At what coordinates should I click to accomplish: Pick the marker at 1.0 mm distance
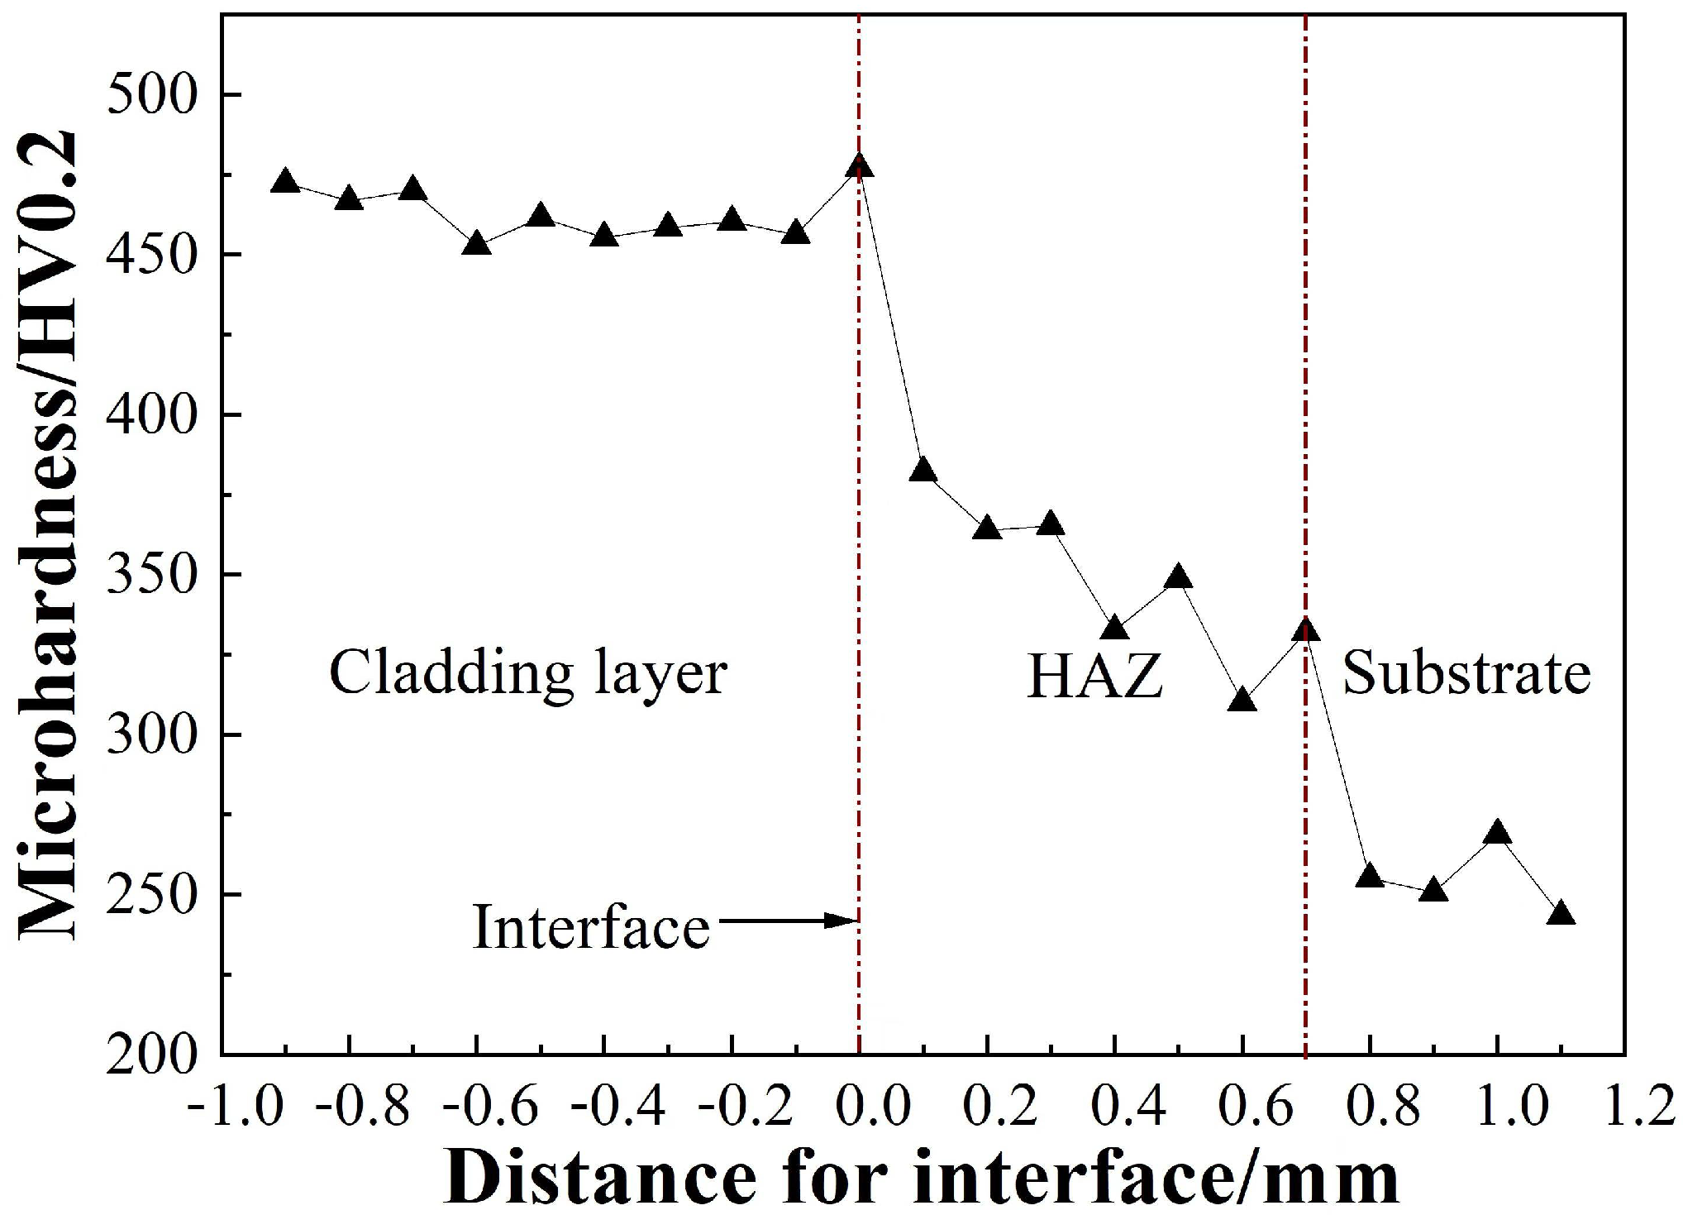click(x=1497, y=834)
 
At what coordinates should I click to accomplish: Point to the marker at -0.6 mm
click(x=477, y=244)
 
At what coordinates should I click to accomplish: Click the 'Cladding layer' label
click(x=528, y=674)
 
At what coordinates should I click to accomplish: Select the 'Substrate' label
click(x=1466, y=673)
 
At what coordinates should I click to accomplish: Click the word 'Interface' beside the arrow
click(x=591, y=927)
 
